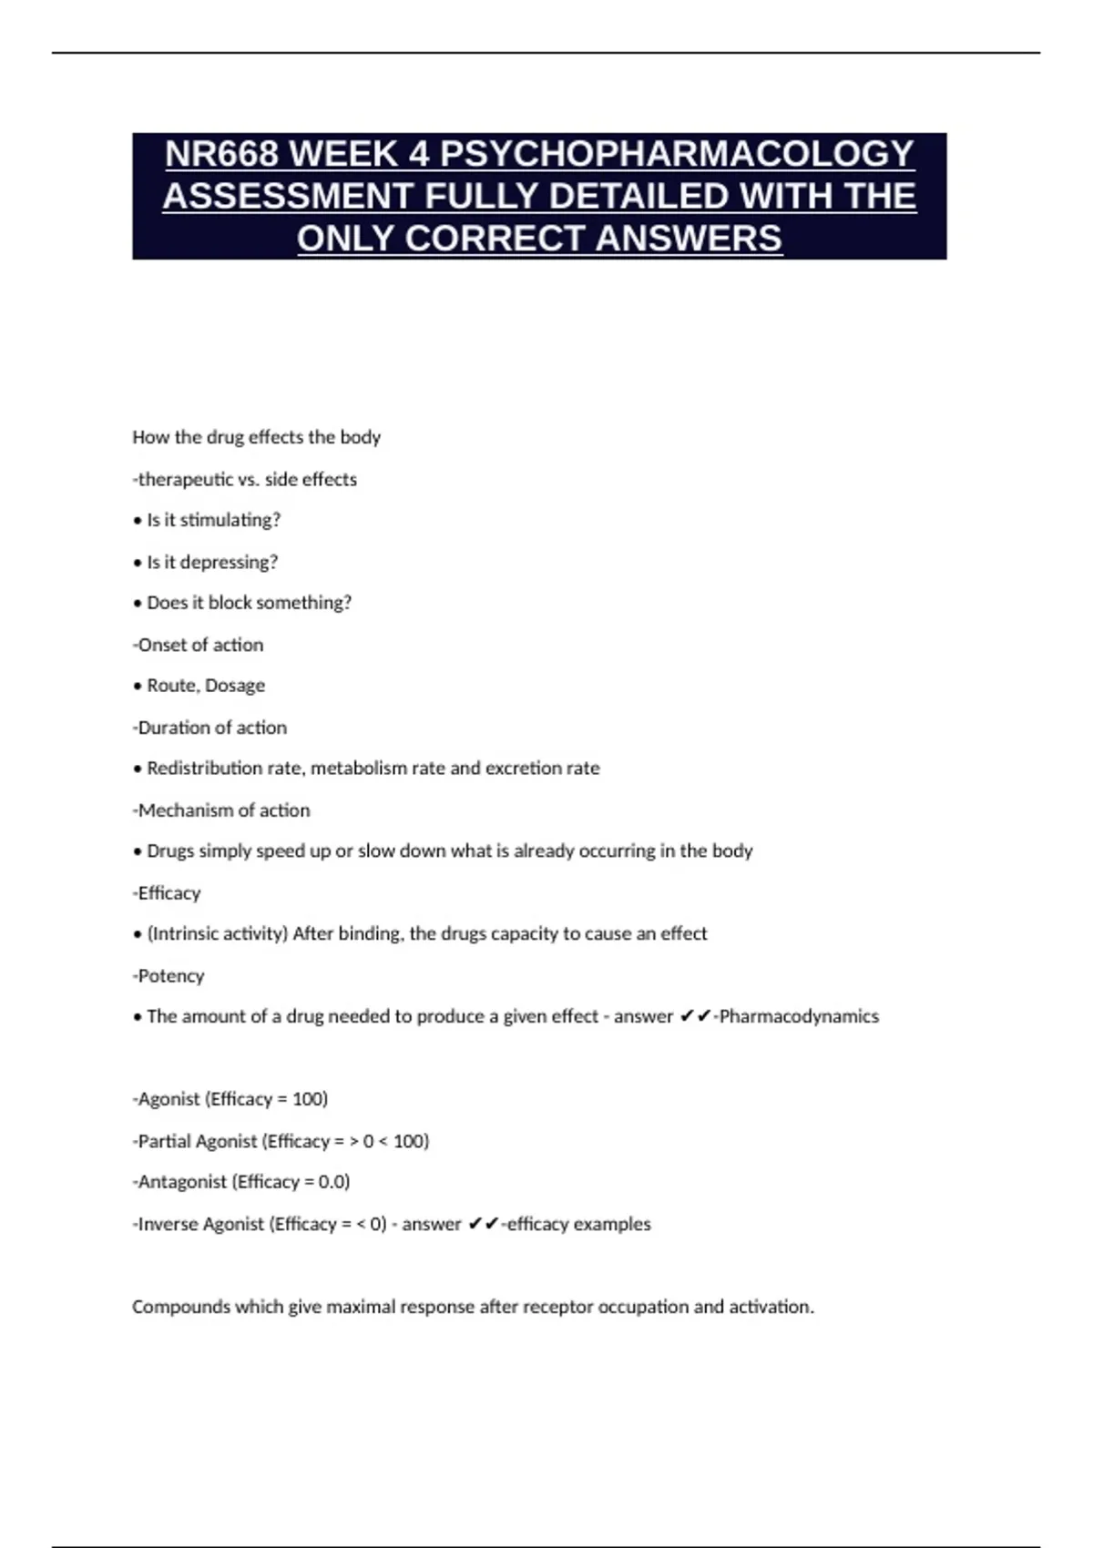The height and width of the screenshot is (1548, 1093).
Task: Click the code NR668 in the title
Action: [221, 154]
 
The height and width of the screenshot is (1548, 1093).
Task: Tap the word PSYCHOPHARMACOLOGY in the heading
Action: [677, 154]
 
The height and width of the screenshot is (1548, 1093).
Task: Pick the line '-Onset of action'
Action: [198, 645]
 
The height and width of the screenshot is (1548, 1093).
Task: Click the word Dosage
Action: [235, 686]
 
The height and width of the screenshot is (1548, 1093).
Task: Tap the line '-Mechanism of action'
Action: [221, 810]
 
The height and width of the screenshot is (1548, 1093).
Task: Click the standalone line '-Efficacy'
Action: [167, 893]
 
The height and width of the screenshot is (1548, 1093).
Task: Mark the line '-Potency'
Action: [169, 976]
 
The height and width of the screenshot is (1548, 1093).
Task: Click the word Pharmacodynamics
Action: [799, 1016]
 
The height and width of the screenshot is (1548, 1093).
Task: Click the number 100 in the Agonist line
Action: [309, 1099]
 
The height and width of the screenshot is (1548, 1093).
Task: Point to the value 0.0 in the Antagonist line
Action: [332, 1182]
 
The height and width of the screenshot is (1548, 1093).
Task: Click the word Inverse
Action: [169, 1224]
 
